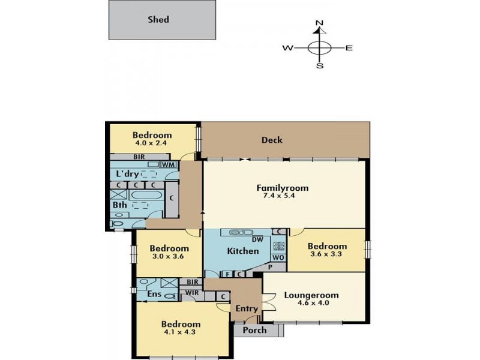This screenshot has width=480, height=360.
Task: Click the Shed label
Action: coord(158,20)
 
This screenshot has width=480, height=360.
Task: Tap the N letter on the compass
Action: coord(319,23)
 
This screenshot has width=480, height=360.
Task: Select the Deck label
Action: coord(272,140)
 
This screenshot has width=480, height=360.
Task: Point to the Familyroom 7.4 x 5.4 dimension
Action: coord(279,196)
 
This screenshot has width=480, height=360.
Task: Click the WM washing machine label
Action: coord(169,164)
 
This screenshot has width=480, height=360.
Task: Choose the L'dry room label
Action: coord(128,174)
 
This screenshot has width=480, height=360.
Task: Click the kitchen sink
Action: coord(241,232)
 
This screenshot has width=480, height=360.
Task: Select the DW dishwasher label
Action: coord(258,239)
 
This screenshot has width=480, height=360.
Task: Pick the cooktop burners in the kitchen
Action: coord(278,246)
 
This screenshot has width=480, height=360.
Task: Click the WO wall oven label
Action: coord(278,258)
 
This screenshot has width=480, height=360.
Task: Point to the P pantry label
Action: coord(271,267)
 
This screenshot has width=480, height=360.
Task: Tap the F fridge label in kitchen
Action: coord(227,274)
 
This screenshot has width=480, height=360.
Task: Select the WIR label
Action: coord(192,293)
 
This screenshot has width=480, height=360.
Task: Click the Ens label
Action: coord(154,294)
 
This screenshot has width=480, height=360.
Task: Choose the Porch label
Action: coord(254,331)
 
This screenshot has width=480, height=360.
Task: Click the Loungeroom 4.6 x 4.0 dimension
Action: coord(313,303)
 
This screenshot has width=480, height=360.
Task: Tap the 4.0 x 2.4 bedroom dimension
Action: coord(151,143)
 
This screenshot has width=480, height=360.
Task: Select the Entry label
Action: coord(247,308)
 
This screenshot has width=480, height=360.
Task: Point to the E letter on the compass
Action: coord(349,48)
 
